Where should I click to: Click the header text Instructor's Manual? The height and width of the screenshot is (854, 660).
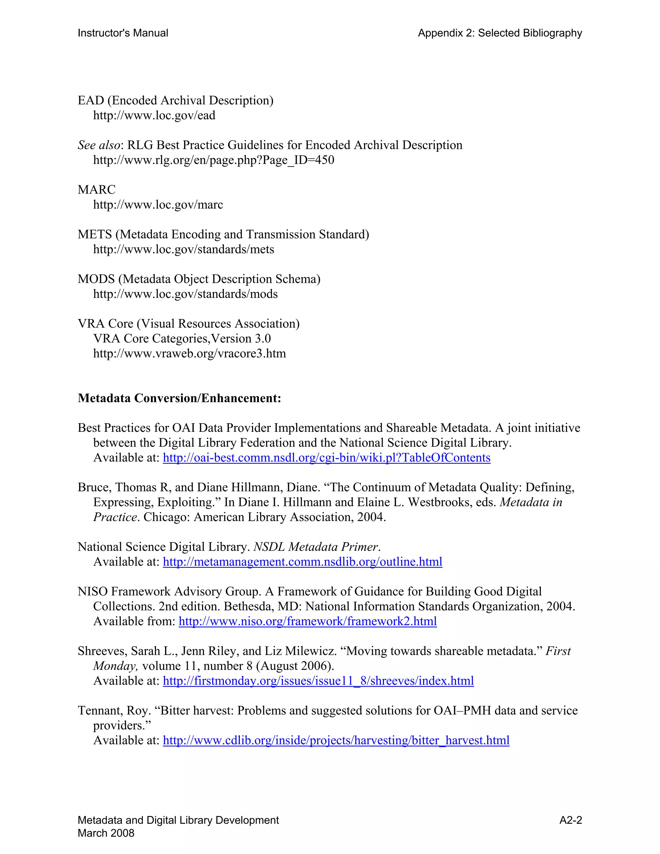123,33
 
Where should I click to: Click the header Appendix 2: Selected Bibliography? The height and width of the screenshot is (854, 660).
500,33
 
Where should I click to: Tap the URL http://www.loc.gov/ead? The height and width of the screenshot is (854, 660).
154,115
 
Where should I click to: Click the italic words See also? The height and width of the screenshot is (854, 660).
99,145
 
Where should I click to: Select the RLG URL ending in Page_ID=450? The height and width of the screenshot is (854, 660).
213,160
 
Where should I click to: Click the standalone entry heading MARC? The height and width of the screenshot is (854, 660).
97,189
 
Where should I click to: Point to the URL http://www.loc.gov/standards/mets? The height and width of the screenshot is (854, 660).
183,249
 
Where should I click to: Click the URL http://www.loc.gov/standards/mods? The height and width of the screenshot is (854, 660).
185,294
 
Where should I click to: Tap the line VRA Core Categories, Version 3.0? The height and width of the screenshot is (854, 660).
182,338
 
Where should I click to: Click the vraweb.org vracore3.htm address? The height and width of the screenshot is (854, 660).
189,354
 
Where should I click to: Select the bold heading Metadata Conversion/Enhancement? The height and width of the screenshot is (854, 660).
180,398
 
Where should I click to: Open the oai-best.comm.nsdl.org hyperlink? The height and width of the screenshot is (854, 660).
326,458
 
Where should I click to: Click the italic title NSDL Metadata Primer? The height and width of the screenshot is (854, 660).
316,547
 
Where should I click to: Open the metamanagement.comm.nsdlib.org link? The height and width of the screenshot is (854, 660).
302,562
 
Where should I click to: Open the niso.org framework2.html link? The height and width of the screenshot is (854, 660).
307,621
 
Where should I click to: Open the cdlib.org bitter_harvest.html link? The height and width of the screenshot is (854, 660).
336,740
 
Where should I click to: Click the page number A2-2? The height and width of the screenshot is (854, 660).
570,820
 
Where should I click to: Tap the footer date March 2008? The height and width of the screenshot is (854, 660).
106,833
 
